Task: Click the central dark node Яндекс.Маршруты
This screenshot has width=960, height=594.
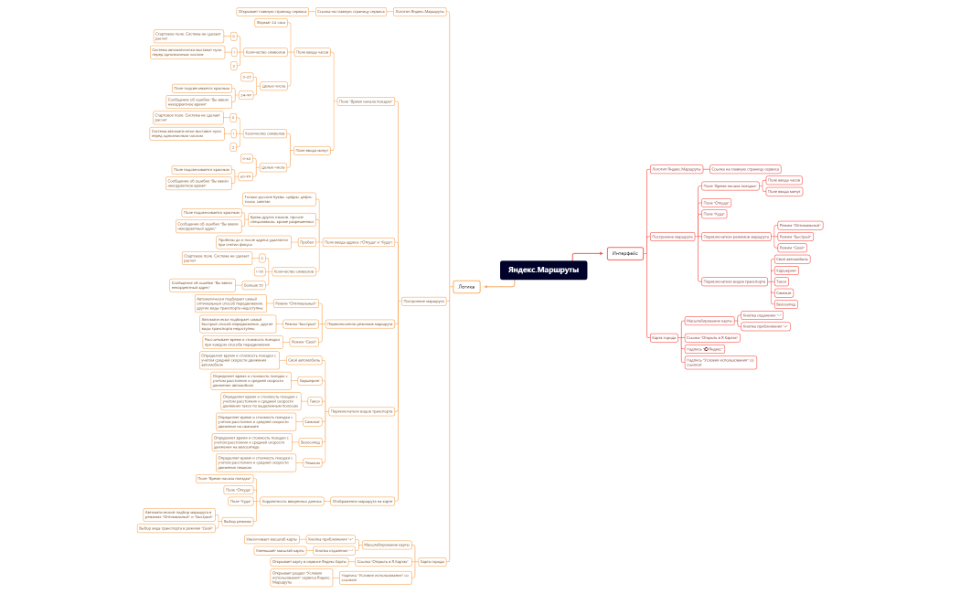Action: pos(543,270)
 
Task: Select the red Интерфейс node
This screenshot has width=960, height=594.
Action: pos(625,253)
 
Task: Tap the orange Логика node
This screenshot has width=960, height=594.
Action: pos(467,286)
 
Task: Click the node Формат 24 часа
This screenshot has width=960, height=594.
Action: pos(271,22)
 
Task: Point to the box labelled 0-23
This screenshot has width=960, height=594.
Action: pos(247,77)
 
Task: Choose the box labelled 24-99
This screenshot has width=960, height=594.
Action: pos(246,94)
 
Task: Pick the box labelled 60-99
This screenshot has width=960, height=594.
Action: pos(246,176)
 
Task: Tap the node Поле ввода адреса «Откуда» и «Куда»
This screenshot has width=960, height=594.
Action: pos(358,242)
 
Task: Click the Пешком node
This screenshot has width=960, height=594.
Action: pos(312,462)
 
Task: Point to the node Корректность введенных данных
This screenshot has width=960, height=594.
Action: pos(292,501)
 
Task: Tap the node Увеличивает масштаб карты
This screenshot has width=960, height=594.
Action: pos(272,539)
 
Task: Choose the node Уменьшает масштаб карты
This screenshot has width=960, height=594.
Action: pos(273,551)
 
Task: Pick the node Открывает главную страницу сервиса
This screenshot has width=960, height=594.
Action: pos(272,12)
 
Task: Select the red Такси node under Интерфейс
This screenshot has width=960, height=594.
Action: pos(781,281)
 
